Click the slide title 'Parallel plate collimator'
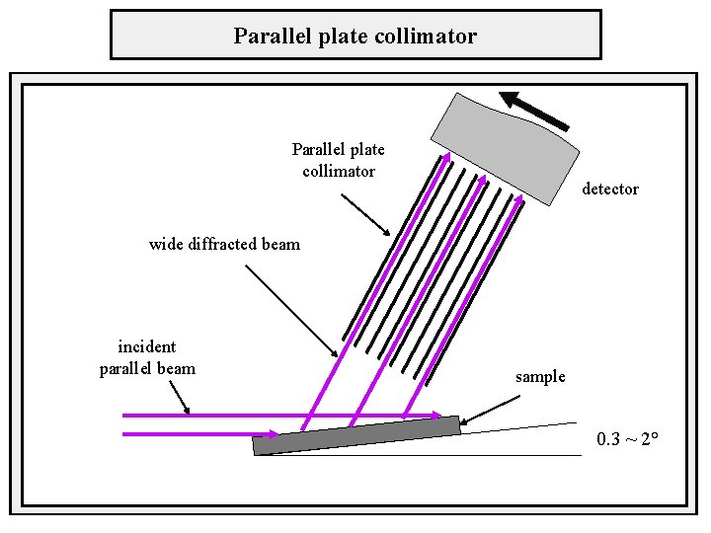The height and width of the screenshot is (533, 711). pos(355,37)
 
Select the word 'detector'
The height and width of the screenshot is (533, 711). pos(609,189)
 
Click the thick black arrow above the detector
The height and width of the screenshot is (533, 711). pos(534,110)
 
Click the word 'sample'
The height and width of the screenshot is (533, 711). pos(540,376)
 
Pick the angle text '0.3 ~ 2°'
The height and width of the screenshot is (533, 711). pos(627,438)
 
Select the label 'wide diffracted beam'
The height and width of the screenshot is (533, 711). pos(224,244)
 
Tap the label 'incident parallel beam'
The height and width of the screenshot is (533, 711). pos(147,357)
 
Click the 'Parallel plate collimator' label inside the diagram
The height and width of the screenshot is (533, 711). pos(339,160)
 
